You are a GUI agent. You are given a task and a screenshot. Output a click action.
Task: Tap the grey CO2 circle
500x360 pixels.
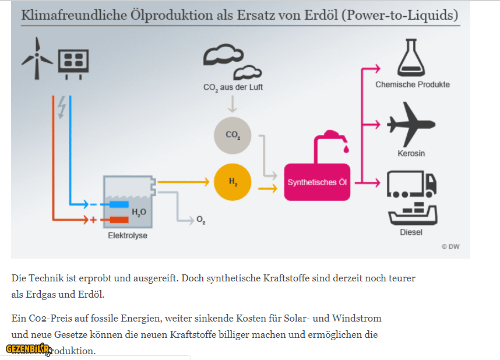[233, 135]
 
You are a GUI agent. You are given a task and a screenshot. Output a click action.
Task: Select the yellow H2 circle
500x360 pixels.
[233, 182]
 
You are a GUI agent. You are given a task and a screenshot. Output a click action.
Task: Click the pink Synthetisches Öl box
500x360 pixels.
[317, 182]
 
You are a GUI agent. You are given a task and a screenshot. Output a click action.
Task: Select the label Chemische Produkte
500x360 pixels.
[412, 84]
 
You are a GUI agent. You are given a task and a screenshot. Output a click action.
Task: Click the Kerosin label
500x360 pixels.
[411, 153]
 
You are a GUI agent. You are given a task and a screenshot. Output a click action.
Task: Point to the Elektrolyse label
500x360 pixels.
[128, 236]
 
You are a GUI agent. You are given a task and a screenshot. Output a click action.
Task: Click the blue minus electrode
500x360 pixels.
[119, 204]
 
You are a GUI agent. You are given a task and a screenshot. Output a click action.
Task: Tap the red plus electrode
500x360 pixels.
[119, 220]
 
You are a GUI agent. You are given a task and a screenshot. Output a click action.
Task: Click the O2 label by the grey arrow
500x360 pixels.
[200, 220]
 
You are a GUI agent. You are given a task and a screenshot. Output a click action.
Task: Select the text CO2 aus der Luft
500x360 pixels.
[233, 87]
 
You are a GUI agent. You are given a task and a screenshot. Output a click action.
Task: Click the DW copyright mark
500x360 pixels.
[450, 246]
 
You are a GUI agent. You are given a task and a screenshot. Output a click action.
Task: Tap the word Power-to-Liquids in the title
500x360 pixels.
[402, 15]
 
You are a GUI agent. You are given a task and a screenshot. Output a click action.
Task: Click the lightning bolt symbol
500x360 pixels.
[62, 108]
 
